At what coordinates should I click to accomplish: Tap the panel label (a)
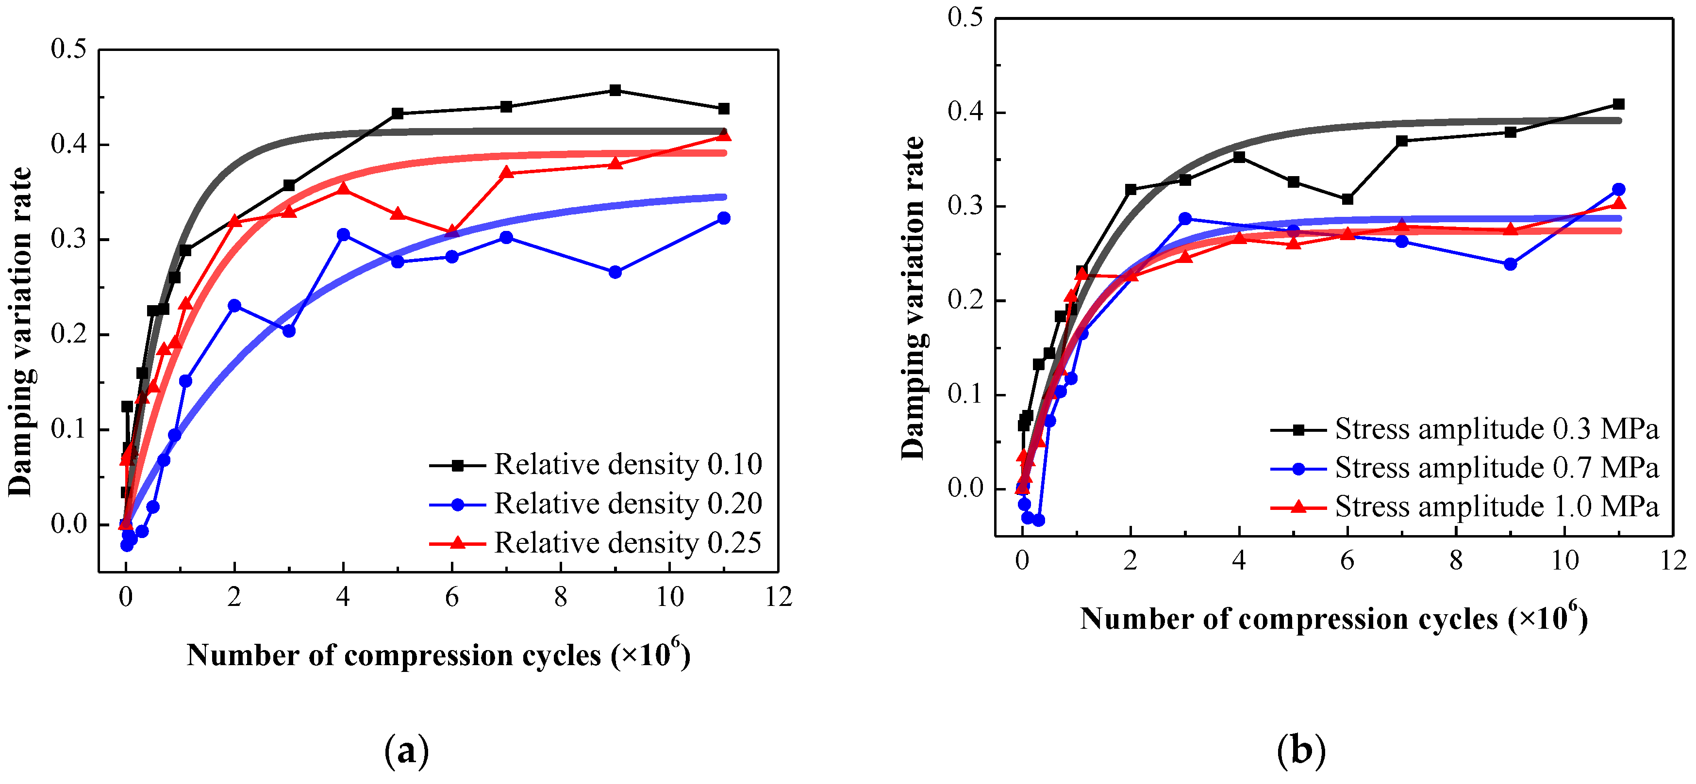coord(406,751)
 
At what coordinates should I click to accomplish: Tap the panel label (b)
coord(1301,751)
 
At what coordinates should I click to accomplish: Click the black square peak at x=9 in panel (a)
coord(615,90)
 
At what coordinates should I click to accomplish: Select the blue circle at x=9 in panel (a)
coord(615,272)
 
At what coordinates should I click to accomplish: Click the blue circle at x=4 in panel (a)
coord(343,235)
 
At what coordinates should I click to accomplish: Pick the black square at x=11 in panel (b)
coord(1618,104)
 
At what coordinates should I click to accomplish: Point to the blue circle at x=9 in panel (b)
coord(1511,264)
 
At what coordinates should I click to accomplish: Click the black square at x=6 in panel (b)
coord(1347,199)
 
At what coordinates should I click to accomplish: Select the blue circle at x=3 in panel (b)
coord(1185,218)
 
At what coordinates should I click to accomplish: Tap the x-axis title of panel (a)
coord(438,655)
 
